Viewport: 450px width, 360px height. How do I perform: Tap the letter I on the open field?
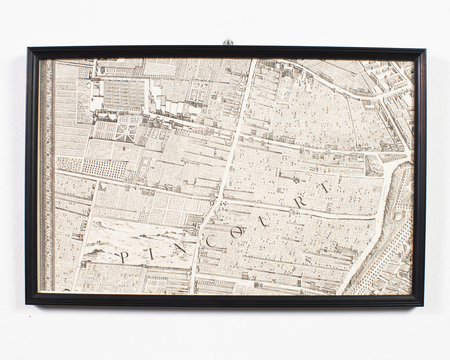pos(152,254)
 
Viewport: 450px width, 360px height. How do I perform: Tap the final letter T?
pos(324,188)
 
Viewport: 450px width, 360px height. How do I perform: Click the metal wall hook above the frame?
pos(228,43)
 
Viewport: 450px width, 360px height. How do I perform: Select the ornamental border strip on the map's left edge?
pos(46,176)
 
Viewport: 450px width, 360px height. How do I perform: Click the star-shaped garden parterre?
pos(125,132)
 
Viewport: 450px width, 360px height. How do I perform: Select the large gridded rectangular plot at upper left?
pos(123,95)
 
